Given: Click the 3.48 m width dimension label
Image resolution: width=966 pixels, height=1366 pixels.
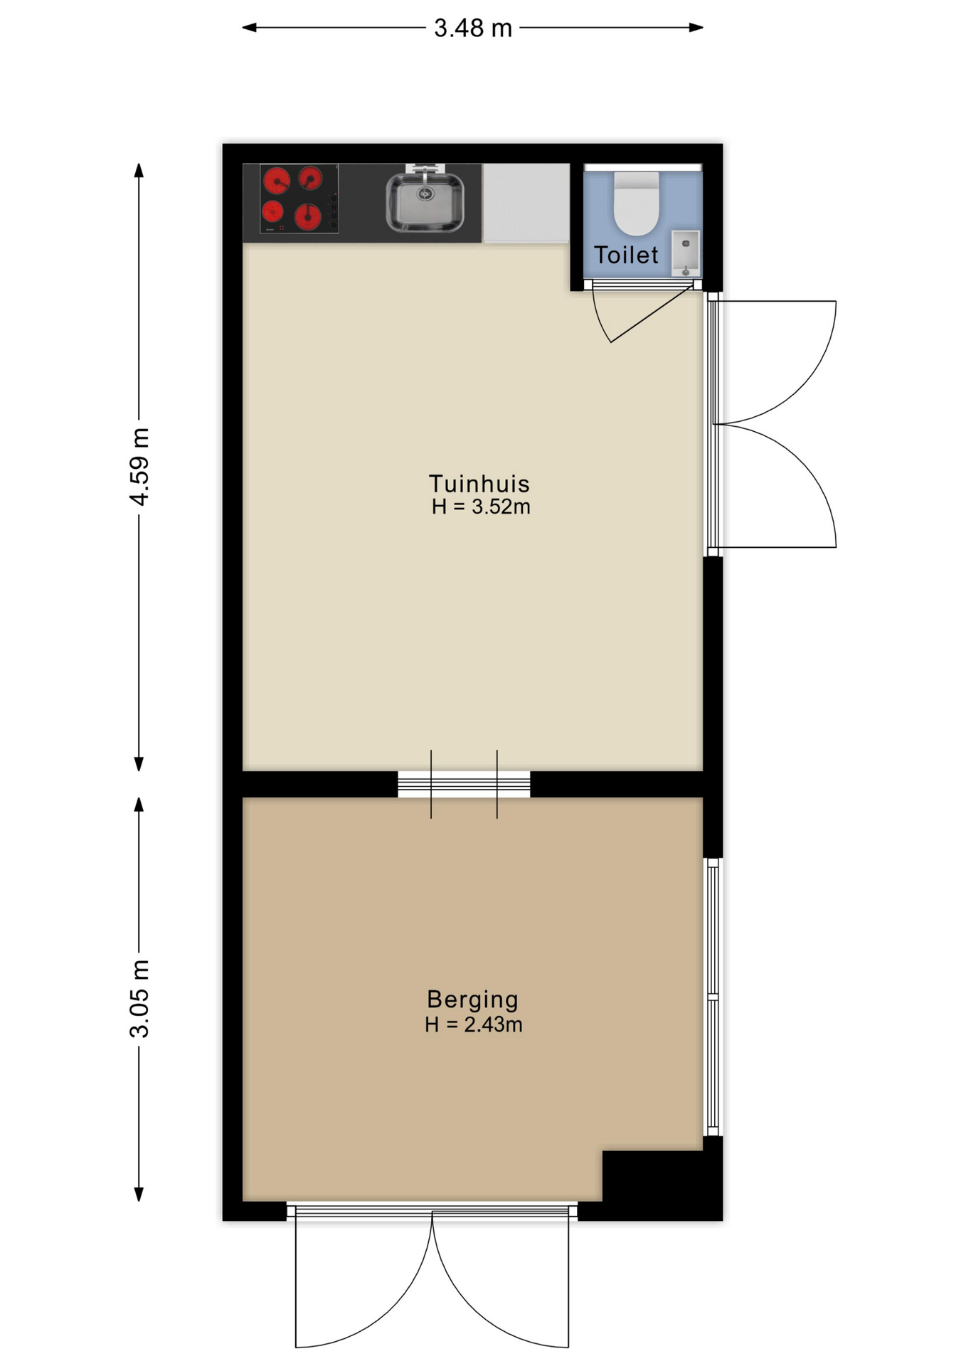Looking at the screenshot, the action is [473, 28].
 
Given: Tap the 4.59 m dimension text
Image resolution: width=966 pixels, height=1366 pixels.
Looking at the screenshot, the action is [139, 467].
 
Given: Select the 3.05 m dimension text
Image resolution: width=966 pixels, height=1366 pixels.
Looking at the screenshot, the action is [139, 998].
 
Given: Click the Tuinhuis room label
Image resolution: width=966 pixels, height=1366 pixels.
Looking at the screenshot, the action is [479, 484].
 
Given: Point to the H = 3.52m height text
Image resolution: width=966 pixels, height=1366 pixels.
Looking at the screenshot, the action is [481, 507].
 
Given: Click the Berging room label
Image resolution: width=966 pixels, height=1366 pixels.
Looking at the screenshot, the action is [472, 1000].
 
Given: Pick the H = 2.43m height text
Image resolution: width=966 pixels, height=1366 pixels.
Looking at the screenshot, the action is [474, 1024].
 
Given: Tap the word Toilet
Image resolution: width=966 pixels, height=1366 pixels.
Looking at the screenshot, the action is [626, 255].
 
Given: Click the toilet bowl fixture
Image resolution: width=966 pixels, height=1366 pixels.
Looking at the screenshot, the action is [637, 203].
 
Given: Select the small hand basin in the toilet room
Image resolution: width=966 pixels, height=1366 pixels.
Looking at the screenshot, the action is [686, 253].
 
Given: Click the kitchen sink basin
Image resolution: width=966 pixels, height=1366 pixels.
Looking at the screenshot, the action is [425, 202].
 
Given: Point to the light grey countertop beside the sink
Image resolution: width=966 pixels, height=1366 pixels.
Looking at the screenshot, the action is [526, 203].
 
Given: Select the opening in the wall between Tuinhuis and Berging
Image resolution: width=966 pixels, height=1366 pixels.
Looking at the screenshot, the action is [464, 784].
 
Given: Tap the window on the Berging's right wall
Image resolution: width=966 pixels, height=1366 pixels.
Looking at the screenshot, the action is [713, 997].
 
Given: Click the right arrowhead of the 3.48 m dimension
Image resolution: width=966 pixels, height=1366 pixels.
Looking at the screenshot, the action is [696, 28].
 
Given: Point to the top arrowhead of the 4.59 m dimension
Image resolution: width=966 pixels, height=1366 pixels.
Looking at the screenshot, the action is [139, 171].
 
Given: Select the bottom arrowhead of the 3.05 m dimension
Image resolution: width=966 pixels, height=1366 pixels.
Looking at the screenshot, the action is [139, 1194].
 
